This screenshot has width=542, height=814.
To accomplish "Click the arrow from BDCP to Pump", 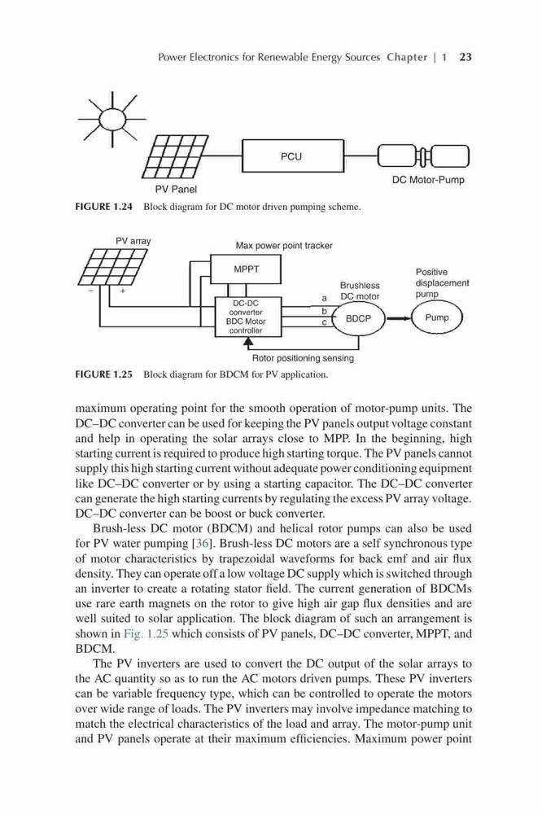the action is click(399, 318).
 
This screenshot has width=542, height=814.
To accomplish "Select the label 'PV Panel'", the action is click(176, 189).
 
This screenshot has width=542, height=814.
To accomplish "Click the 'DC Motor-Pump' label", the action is click(428, 180).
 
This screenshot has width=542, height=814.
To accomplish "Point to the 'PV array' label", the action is click(133, 241).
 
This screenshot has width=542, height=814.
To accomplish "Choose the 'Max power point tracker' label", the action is click(284, 245).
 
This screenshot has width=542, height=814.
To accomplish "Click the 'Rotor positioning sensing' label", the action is click(303, 357).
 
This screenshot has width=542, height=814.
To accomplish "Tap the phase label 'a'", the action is click(325, 299).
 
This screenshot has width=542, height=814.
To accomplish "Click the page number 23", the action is click(466, 57).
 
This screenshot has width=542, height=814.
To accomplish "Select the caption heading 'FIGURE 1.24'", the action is click(104, 207).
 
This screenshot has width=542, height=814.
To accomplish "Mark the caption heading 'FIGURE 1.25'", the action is click(104, 374).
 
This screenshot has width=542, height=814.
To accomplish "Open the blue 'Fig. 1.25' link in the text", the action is click(146, 634).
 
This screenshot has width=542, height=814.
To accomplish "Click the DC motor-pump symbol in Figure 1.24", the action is click(424, 155).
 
